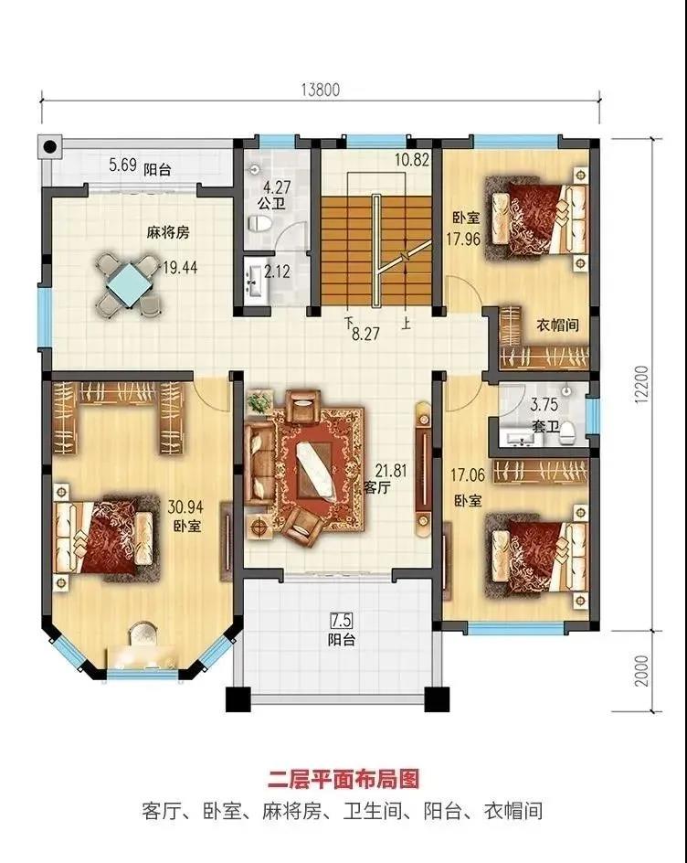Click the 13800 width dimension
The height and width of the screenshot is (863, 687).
coord(321,90)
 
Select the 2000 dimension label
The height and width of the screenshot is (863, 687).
coord(641,671)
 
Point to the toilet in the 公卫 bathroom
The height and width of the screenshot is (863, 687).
coord(259,223)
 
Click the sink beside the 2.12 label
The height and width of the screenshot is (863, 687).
coord(254,281)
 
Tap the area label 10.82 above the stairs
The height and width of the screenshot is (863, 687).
coord(412,160)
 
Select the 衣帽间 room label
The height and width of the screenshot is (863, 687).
coord(557,325)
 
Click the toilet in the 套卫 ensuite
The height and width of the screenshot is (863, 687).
coord(567,432)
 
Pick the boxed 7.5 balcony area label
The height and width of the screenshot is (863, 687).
coord(341,620)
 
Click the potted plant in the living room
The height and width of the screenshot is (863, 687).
coord(259,401)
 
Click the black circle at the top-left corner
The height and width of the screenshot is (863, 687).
coord(50,147)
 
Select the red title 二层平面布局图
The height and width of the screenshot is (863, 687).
coord(343,779)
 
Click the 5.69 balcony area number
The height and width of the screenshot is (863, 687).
coord(122,165)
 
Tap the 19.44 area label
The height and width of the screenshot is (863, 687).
coord(180,268)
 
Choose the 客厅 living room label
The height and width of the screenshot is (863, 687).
coord(377,487)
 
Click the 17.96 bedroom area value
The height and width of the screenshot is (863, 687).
coord(463,239)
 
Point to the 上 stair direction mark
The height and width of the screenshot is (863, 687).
coord(406,323)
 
